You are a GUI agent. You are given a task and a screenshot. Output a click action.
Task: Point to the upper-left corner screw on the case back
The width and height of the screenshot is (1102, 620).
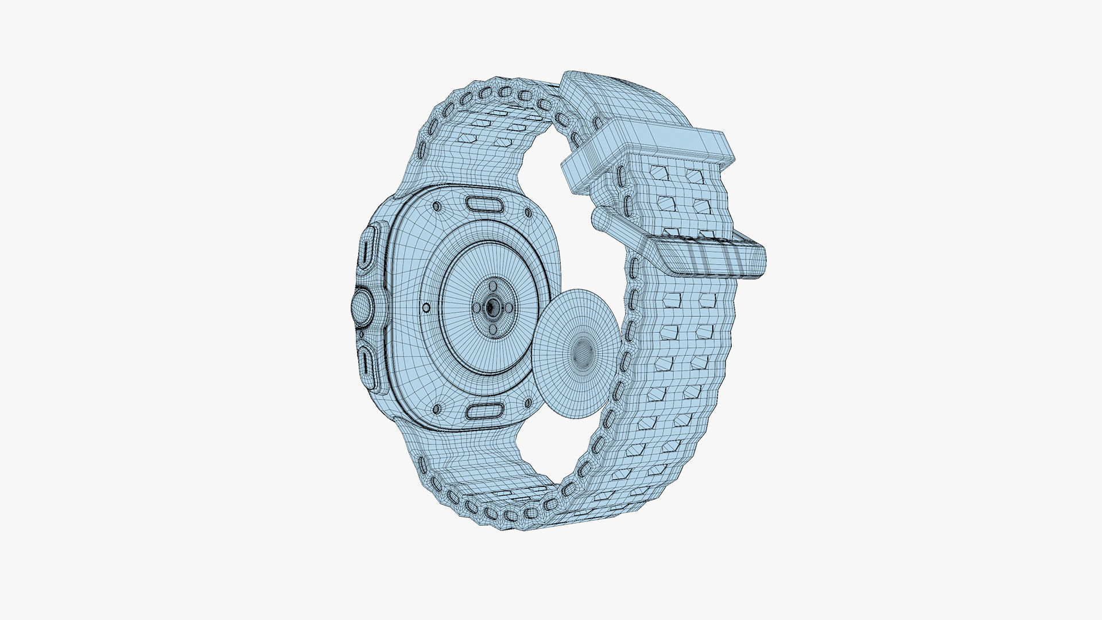click(436, 206)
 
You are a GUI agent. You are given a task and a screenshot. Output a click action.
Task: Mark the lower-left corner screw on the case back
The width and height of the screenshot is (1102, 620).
click(437, 409)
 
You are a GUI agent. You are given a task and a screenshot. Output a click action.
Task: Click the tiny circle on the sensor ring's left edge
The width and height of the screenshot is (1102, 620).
click(426, 308)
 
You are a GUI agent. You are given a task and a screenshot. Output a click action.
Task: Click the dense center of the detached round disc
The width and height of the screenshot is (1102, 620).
click(583, 348)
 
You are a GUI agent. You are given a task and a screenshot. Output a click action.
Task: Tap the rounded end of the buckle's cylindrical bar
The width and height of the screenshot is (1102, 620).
click(597, 219)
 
